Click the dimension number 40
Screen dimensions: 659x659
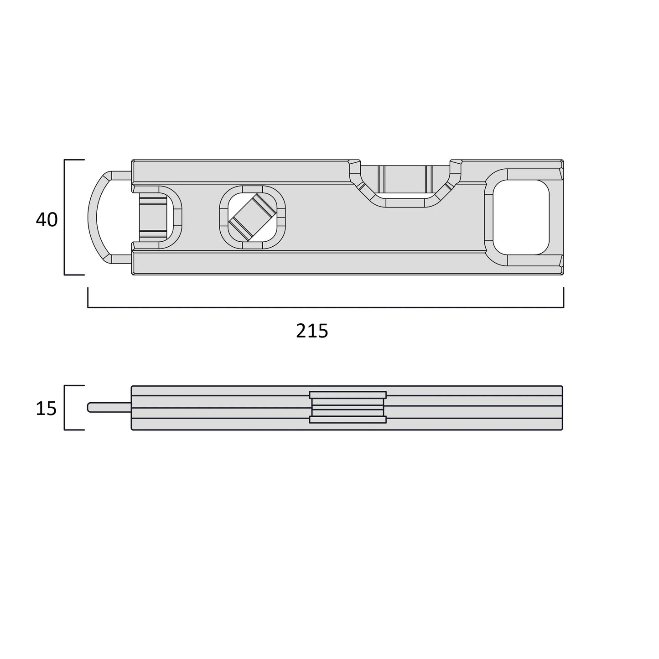click(47, 220)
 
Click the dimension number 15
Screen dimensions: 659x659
click(46, 409)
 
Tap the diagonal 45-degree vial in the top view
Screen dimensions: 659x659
click(252, 218)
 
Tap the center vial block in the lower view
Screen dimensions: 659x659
click(348, 407)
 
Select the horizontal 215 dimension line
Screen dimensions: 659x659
click(326, 307)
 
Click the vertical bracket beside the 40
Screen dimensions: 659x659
click(65, 218)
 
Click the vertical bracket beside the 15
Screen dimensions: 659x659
click(65, 407)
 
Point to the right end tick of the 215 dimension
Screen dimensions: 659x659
click(564, 297)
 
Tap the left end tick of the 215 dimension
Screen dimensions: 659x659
click(88, 297)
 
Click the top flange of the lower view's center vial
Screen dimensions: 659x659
click(348, 394)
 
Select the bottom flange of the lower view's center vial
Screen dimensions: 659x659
click(348, 420)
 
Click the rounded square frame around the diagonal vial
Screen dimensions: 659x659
click(223, 218)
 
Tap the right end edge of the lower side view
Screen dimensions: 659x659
click(562, 407)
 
